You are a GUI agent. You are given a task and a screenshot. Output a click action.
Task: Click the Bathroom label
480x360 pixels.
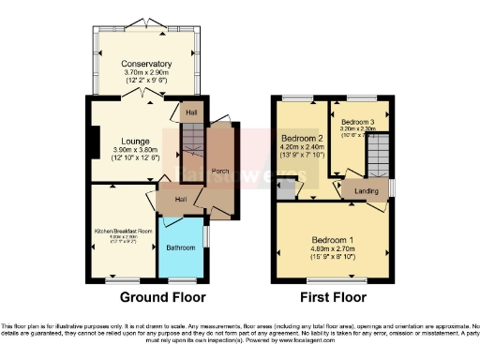pos(181,247)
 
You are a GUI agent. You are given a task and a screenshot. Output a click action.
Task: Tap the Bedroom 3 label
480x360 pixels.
pos(357,123)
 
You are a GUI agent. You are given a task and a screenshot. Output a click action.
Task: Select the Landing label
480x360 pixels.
pos(367,190)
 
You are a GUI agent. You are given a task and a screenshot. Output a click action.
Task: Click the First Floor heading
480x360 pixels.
pos(333,297)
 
